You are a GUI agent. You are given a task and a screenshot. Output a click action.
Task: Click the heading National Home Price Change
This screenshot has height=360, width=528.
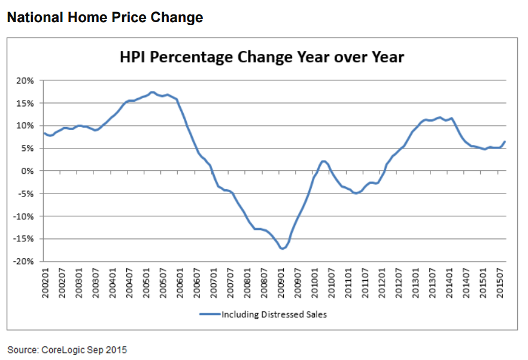[105, 18]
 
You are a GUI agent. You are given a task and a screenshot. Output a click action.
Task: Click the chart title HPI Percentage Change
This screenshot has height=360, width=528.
[262, 58]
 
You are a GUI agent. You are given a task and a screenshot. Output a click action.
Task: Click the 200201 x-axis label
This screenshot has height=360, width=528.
[45, 281]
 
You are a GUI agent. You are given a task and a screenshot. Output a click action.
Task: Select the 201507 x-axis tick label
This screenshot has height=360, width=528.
[502, 281]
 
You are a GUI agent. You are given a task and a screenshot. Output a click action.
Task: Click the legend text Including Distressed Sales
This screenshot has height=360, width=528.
[274, 314]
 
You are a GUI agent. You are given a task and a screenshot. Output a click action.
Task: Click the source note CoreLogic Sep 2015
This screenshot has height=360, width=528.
[67, 350]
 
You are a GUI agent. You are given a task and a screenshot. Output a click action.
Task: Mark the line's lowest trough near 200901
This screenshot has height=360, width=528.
[282, 249]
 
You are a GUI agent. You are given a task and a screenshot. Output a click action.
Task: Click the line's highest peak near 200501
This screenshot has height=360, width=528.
[153, 92]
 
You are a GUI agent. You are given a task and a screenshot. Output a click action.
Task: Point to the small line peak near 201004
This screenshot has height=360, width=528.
[323, 161]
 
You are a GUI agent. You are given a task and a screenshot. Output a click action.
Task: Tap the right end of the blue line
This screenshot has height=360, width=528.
[505, 142]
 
